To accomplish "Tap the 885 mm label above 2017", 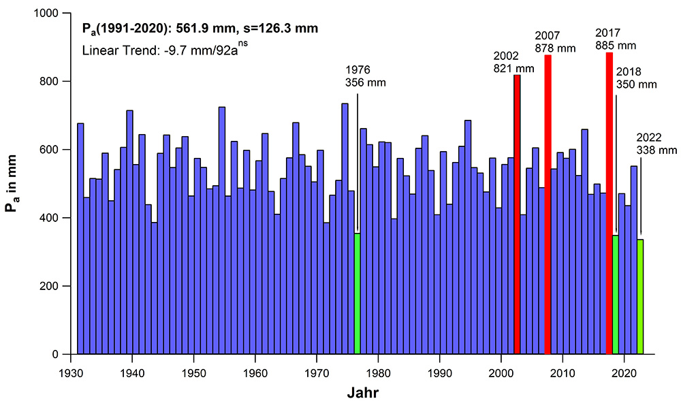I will pyautogui.click(x=616, y=45).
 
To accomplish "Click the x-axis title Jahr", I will pyautogui.click(x=363, y=392).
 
